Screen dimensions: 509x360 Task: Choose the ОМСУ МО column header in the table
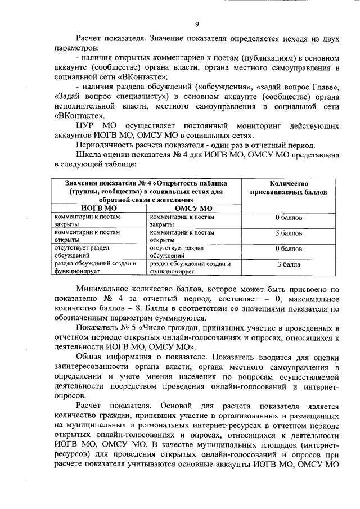tap(193, 207)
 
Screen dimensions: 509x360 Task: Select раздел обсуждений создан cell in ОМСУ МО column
tap(191, 267)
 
